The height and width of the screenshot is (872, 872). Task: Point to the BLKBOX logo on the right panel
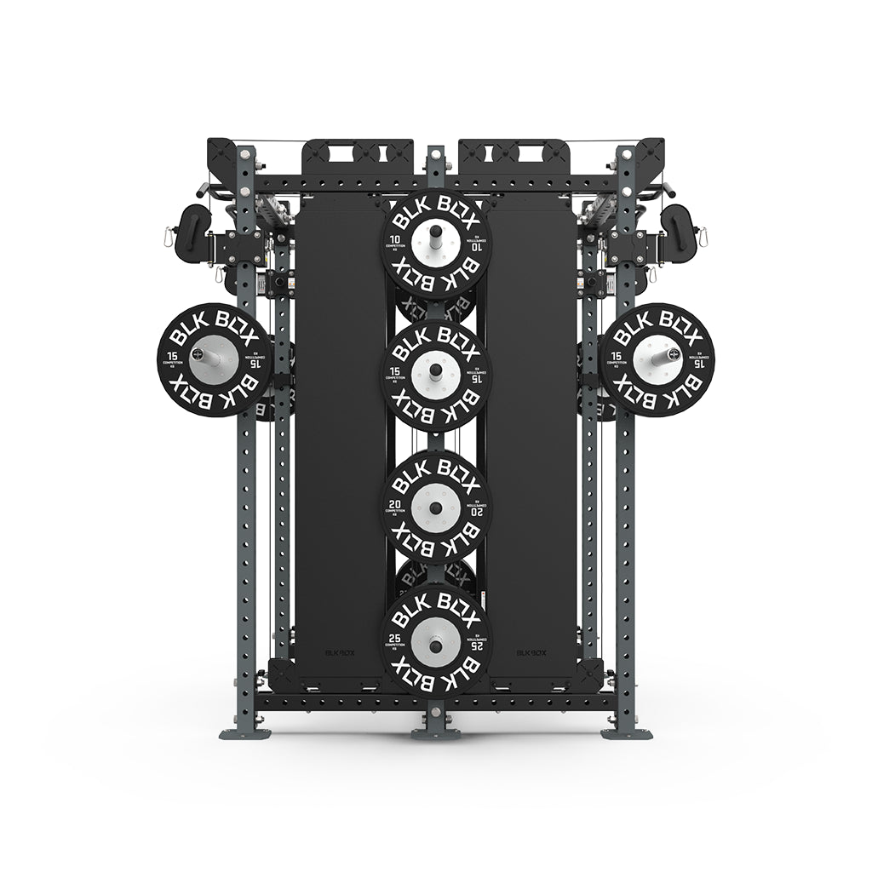point(531,653)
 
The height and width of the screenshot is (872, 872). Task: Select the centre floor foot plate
point(435,733)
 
